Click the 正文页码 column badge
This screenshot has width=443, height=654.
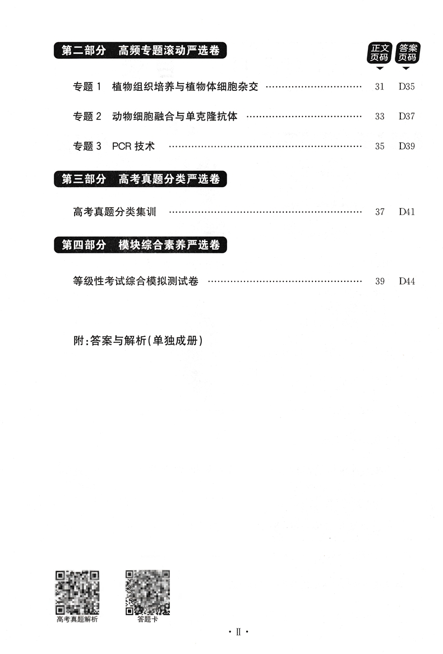(380, 53)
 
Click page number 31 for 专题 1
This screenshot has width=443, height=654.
(380, 87)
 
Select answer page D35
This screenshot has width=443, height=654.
(407, 87)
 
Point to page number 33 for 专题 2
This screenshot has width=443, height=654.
(380, 117)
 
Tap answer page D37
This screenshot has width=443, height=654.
(407, 117)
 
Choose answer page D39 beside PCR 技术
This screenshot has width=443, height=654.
(407, 146)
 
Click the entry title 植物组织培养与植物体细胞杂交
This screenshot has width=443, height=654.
(185, 87)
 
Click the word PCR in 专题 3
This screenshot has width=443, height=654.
(122, 146)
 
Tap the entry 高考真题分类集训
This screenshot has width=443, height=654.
(114, 212)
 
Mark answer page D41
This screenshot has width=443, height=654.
(407, 212)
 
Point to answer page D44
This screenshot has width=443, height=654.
(407, 281)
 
